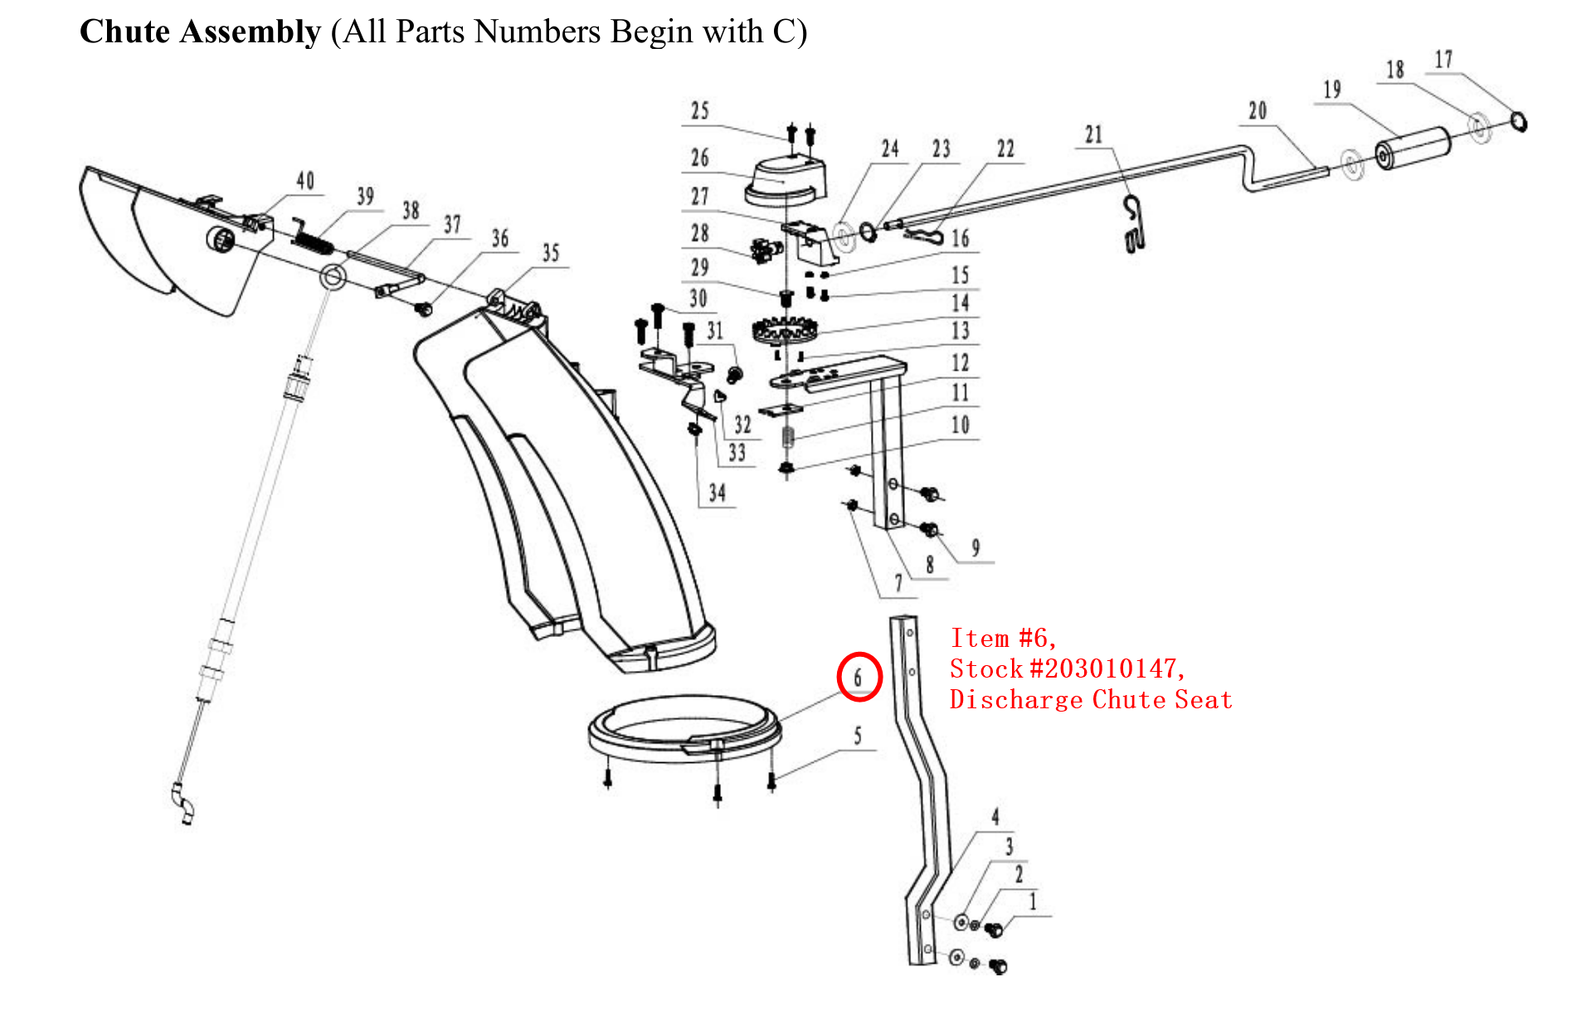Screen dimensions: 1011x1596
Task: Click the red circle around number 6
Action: (x=859, y=677)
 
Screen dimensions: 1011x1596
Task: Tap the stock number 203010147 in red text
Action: (x=1107, y=668)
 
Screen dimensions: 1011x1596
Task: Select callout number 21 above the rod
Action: (x=1093, y=134)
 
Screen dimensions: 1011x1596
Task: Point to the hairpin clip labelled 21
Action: (x=1134, y=225)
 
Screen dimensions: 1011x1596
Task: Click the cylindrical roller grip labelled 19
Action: (x=1413, y=148)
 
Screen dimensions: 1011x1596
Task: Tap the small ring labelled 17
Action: (x=1518, y=121)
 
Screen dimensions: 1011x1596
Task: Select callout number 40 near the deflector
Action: (x=305, y=181)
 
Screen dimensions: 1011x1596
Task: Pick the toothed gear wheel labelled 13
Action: (x=784, y=332)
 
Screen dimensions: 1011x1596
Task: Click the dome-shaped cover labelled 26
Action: (x=786, y=181)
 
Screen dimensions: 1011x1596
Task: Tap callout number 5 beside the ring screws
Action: (x=858, y=736)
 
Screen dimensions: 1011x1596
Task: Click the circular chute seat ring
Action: (x=684, y=730)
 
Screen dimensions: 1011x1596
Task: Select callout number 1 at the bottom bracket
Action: (x=1033, y=902)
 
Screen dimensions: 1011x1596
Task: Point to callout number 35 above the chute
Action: (x=551, y=253)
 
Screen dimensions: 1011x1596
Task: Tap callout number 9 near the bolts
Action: (x=976, y=548)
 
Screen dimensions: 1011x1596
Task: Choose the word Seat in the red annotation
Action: (x=1203, y=700)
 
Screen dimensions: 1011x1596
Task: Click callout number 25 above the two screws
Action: (x=700, y=111)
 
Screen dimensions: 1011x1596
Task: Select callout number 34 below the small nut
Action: (x=717, y=493)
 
